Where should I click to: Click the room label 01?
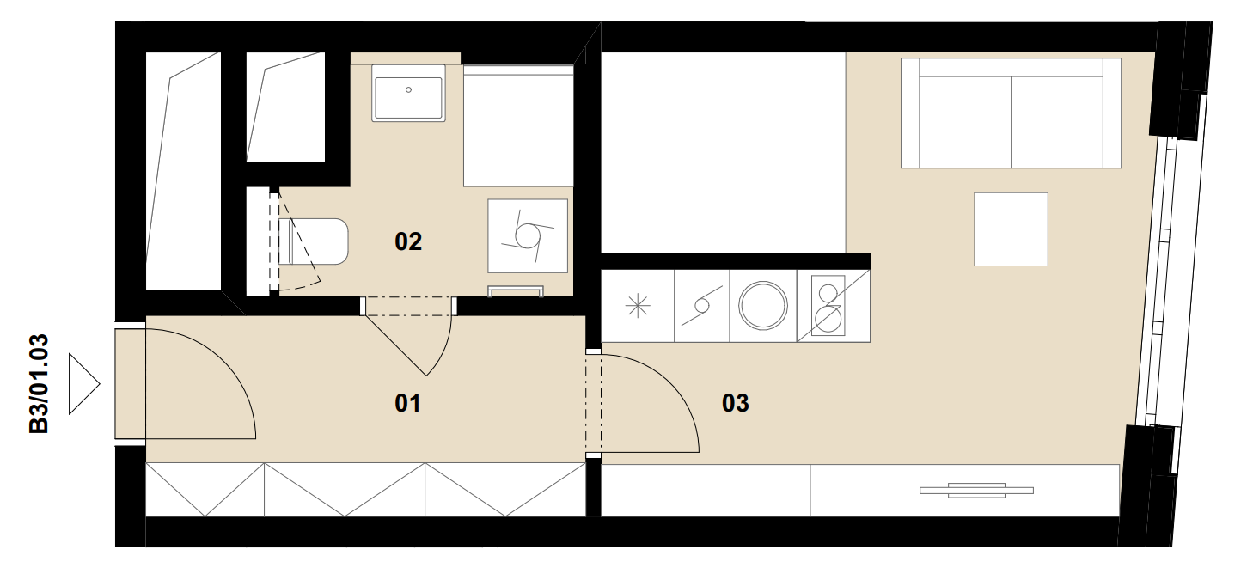point(407,403)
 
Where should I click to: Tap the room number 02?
point(408,241)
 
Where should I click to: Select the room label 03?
point(736,403)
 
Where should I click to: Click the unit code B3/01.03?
point(39,383)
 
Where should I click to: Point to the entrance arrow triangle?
point(84,383)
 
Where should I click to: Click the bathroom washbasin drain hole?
point(408,89)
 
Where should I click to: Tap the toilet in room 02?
point(314,241)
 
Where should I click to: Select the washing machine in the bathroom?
point(528,236)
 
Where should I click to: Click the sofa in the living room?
point(1011,113)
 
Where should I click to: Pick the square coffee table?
point(1011,229)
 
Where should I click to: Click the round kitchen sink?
point(763,306)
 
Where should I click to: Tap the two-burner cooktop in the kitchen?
point(828,306)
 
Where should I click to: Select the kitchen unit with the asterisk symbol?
point(638,306)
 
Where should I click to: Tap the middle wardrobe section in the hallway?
point(345,490)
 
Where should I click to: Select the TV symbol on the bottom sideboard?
point(976,491)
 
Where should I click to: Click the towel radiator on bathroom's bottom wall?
point(516,291)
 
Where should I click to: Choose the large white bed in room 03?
point(724,153)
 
